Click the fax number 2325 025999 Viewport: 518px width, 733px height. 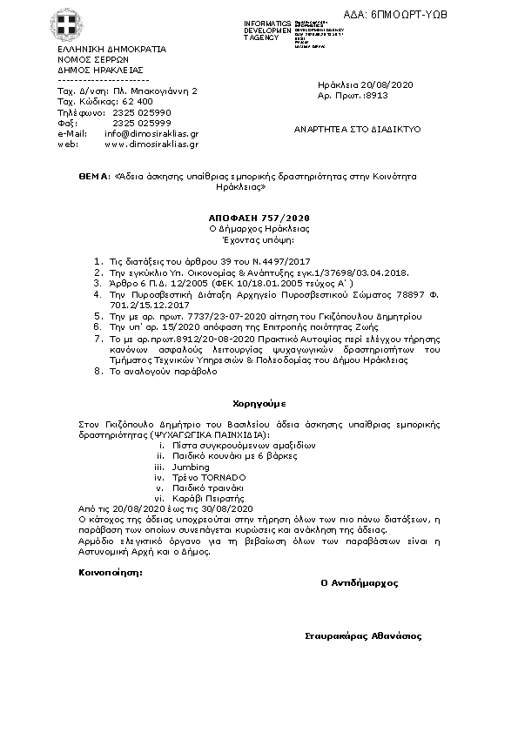(x=142, y=123)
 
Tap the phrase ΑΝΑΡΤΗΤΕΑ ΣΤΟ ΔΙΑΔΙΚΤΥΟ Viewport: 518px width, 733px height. (x=359, y=128)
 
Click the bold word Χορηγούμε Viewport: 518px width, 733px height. (x=258, y=404)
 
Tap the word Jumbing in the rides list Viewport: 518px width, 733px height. (x=190, y=467)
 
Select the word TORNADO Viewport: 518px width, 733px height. (x=225, y=477)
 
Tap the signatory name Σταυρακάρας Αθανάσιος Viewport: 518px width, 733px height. (x=362, y=636)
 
